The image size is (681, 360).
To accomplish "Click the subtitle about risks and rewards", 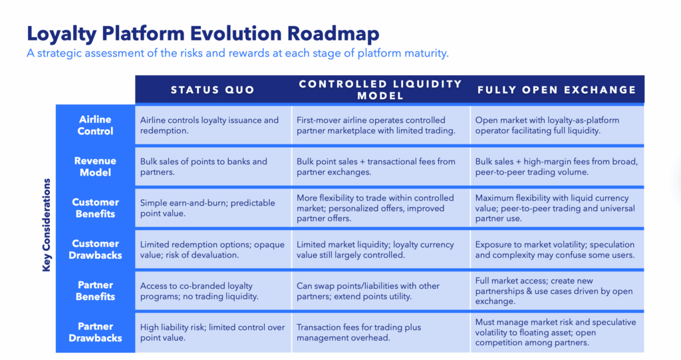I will (x=237, y=53).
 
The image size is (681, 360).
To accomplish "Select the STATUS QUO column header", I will (x=213, y=90).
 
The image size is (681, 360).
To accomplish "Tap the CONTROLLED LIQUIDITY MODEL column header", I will (x=380, y=90).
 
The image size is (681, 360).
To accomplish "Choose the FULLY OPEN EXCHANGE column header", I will (x=557, y=90).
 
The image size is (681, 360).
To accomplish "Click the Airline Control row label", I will (x=95, y=125).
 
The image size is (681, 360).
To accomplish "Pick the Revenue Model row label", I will (x=95, y=166).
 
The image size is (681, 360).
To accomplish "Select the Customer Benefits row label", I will (x=95, y=208).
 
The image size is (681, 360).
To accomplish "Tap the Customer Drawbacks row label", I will (x=95, y=249).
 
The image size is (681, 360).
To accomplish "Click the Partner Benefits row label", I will (x=95, y=291).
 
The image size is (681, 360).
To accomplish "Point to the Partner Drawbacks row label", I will (x=95, y=332).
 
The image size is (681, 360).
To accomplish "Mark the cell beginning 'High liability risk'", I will (x=212, y=332).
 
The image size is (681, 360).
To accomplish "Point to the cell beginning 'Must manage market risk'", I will (x=555, y=332).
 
